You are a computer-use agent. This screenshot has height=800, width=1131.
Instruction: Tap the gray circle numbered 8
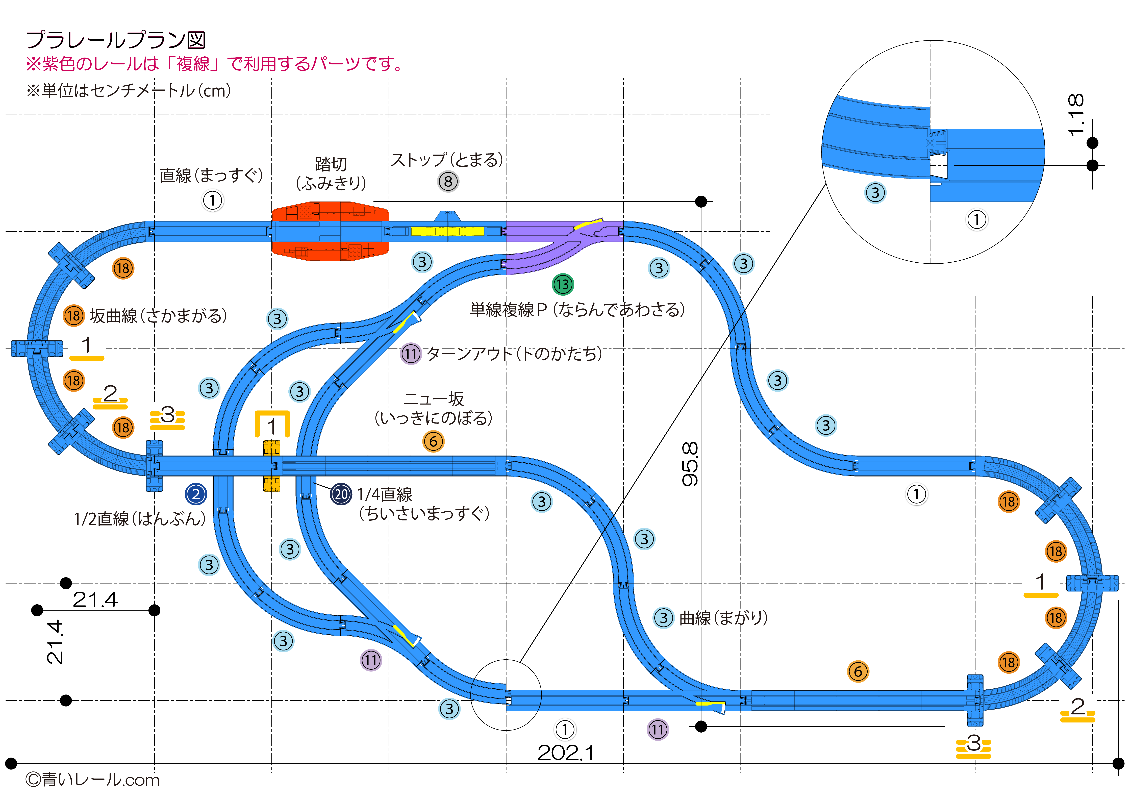448,181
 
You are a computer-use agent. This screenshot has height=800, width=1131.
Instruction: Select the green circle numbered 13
563,284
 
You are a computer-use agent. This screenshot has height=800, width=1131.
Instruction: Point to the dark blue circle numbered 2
196,494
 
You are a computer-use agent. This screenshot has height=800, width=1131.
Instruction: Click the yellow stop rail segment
447,231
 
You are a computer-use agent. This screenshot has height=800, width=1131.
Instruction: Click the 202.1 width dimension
565,753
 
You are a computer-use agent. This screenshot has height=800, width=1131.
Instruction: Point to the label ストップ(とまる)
447,160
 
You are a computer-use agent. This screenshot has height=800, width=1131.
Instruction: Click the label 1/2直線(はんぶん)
139,519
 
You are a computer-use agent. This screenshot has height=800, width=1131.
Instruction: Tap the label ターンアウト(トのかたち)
514,354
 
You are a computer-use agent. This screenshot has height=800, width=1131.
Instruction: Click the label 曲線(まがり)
723,618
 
